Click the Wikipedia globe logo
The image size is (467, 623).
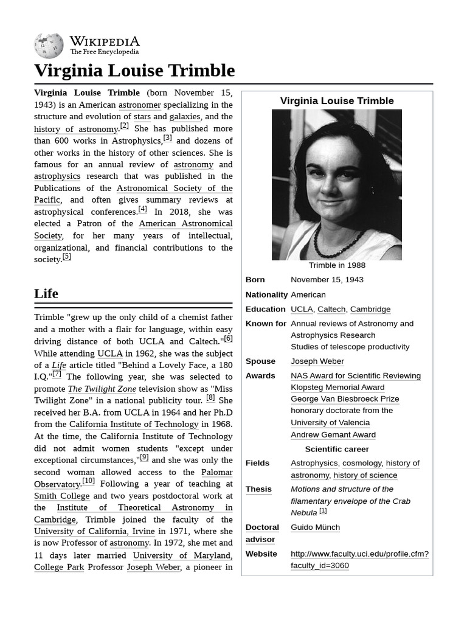point(49,46)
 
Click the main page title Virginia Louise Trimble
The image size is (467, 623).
point(134,71)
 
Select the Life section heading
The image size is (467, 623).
point(46,293)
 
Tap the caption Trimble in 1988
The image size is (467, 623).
point(337,265)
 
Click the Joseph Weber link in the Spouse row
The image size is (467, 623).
point(317,361)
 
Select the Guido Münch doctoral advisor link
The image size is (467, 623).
point(315,527)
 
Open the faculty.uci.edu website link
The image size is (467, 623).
point(359,559)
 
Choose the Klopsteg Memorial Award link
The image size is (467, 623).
point(337,388)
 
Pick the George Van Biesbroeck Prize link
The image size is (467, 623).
point(345,399)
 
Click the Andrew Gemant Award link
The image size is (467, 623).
point(333,435)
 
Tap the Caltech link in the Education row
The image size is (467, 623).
point(331,309)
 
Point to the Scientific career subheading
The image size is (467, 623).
point(337,449)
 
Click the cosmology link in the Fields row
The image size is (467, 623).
point(362,463)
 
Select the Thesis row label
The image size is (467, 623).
point(258,489)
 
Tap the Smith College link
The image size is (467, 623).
point(62,496)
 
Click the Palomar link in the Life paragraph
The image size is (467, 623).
point(216,472)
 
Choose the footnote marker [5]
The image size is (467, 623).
point(67,257)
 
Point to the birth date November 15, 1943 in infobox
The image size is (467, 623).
point(327,280)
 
